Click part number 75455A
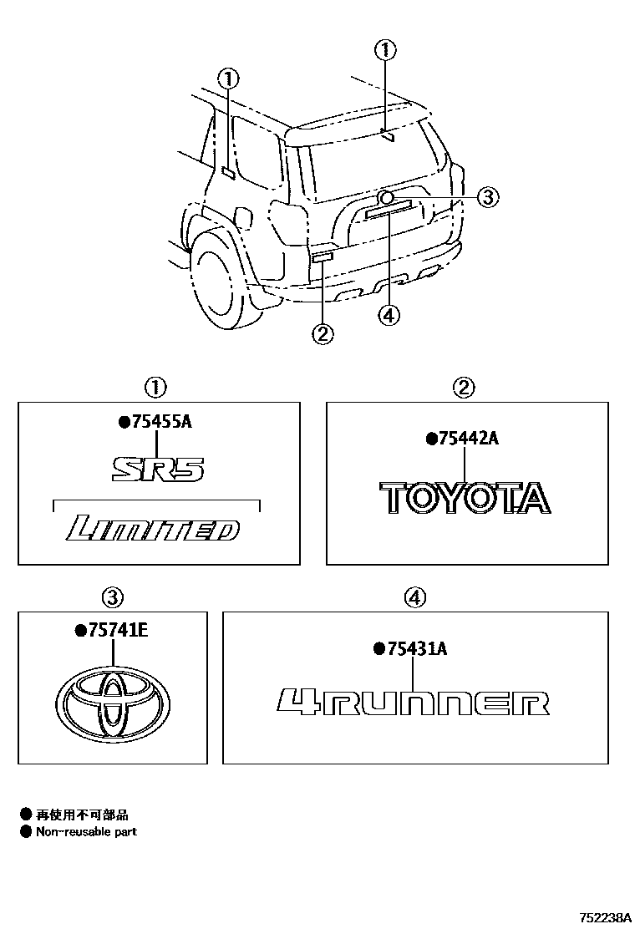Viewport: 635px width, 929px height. coord(160,423)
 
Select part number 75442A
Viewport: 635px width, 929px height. coord(467,439)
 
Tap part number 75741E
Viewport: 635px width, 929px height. coord(116,631)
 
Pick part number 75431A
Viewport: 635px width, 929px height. coord(415,648)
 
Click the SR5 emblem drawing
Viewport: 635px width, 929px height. coord(158,469)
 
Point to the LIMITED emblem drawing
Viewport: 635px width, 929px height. coord(153,529)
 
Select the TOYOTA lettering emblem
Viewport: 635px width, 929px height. coord(465,498)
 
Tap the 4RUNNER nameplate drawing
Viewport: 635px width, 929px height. coord(414,703)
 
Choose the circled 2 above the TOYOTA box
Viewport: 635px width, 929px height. coord(464,387)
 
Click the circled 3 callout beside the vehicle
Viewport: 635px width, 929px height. coord(488,197)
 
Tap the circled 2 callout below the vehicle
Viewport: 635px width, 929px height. coord(323,334)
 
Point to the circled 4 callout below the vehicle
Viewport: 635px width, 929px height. coord(389,315)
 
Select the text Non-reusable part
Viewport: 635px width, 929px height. coord(86,831)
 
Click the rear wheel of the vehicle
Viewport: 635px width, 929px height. coord(220,281)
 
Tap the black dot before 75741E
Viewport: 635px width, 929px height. coord(80,631)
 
